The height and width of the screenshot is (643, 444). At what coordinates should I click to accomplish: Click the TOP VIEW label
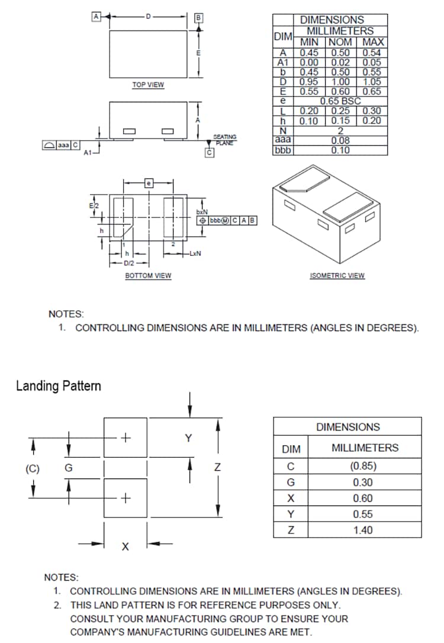148,85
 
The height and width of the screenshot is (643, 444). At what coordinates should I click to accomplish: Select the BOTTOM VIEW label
148,275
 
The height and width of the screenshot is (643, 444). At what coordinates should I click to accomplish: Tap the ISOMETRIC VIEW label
337,275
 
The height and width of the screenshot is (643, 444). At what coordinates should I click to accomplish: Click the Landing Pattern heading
58,386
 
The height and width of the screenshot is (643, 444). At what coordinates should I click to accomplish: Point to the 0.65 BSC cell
340,101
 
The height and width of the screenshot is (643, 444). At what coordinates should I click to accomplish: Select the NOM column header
340,42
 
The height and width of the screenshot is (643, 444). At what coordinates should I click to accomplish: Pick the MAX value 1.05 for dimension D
373,82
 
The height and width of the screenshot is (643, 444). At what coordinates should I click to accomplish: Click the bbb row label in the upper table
282,150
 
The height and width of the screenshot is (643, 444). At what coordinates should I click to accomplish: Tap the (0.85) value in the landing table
363,465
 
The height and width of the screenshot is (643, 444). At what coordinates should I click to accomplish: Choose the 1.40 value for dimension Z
363,530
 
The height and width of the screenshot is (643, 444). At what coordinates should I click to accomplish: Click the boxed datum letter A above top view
95,16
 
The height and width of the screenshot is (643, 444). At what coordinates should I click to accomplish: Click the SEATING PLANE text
224,140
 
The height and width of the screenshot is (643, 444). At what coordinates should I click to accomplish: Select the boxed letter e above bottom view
149,184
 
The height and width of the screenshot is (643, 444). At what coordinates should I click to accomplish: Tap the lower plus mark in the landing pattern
126,498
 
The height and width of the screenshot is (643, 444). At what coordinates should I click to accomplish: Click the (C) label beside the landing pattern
32,468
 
